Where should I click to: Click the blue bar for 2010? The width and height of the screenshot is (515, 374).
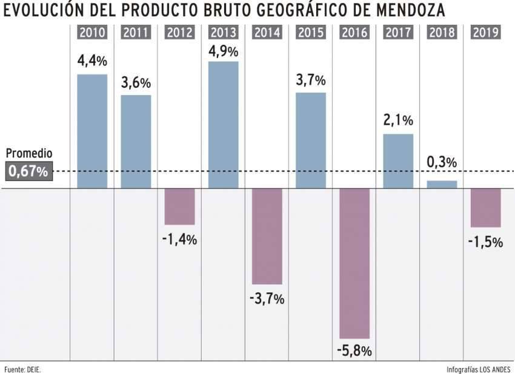[x=92, y=131]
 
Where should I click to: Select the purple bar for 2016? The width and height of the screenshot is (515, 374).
[x=354, y=263]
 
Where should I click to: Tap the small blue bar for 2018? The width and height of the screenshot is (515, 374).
[x=442, y=185]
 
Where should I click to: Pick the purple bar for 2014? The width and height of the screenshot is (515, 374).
[x=267, y=236]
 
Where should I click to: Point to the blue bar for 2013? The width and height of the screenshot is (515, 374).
[x=223, y=125]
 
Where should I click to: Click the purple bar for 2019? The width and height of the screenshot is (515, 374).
[x=485, y=208]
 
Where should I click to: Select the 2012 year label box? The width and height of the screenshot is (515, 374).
[x=180, y=33]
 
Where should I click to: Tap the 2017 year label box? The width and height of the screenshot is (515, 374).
[x=398, y=33]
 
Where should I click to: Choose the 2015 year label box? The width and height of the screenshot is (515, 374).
[x=311, y=33]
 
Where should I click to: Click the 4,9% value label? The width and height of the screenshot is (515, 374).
[x=223, y=51]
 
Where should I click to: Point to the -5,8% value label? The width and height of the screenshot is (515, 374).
[x=354, y=351]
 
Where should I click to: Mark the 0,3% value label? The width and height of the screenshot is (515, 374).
[x=442, y=162]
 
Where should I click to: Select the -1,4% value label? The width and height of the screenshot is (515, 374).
[x=180, y=239]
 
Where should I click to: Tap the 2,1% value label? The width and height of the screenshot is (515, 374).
[x=398, y=121]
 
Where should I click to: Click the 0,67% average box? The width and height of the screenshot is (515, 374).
[x=27, y=172]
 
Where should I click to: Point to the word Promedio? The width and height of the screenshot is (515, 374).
[x=28, y=154]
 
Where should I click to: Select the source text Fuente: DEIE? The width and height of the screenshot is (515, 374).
[x=23, y=369]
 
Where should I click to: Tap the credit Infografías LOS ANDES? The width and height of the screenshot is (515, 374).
[x=478, y=369]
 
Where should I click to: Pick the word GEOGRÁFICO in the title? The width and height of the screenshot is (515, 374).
[x=297, y=10]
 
